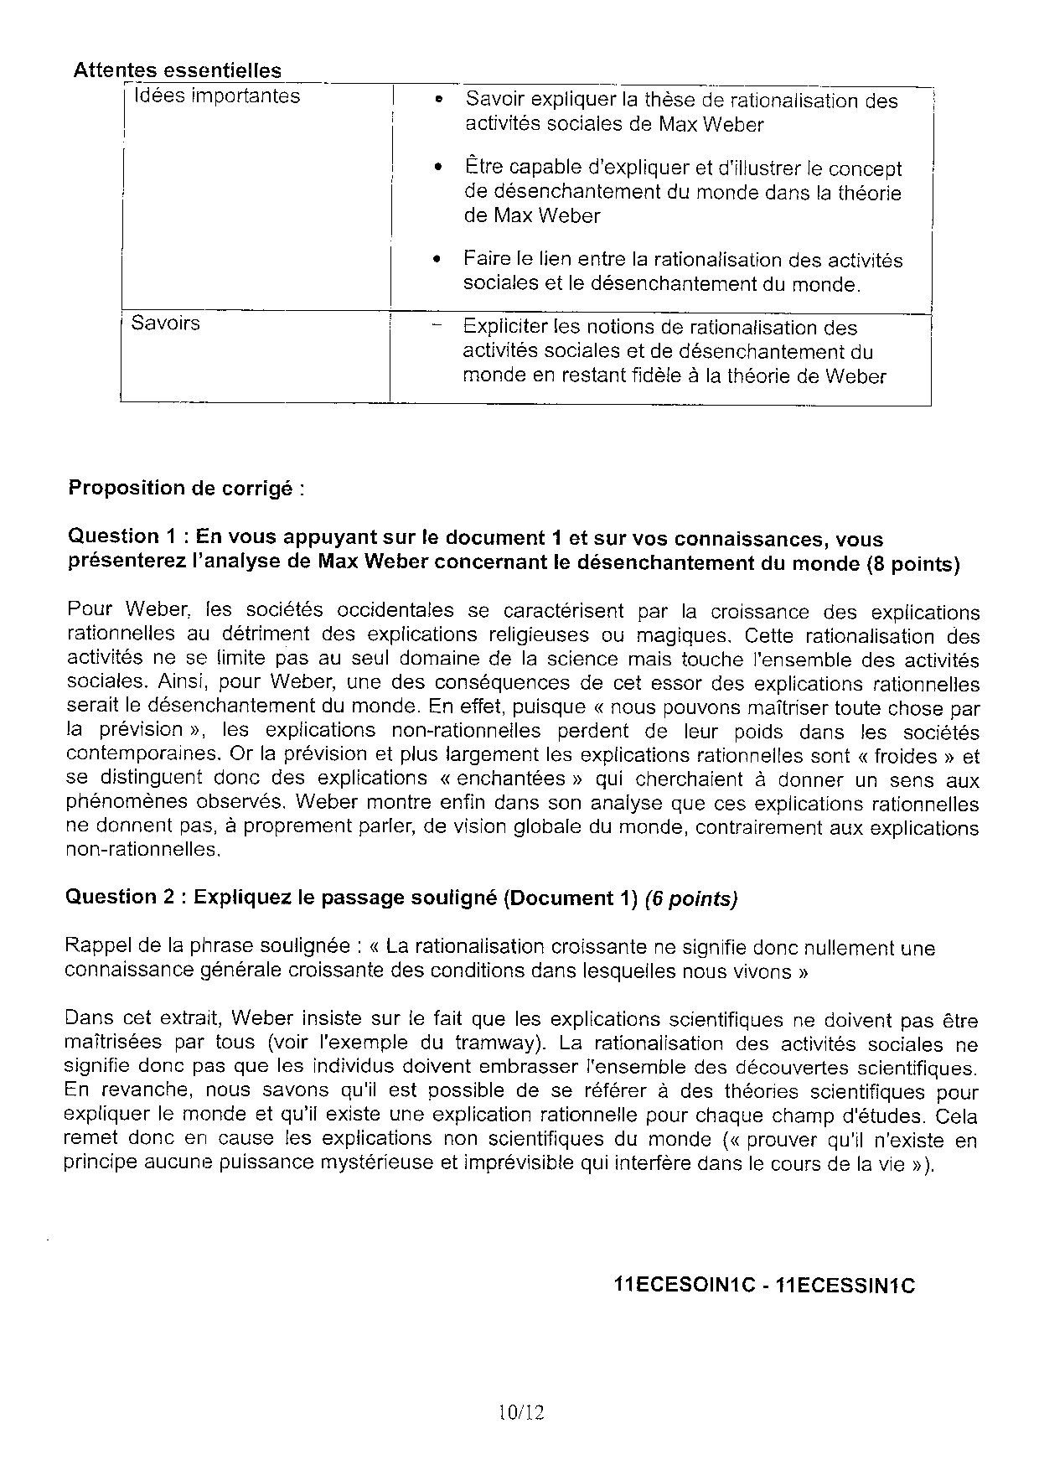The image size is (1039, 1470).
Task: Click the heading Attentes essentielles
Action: tap(177, 70)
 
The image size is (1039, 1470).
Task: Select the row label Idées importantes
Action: tap(216, 96)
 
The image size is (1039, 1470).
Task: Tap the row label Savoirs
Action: tap(166, 324)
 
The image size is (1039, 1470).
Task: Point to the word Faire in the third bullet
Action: tap(485, 260)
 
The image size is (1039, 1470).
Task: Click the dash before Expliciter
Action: tap(434, 327)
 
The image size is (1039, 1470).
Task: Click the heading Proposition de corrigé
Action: tap(185, 488)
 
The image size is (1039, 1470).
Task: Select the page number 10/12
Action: tap(520, 1413)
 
